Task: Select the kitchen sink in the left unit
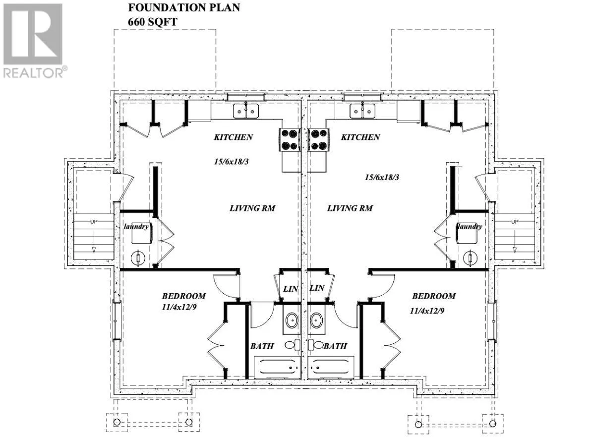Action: tap(246, 112)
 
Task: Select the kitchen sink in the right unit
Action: tap(362, 111)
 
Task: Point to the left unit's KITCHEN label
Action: tap(234, 137)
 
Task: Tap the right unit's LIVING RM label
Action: tap(350, 208)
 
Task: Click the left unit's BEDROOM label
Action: tap(184, 296)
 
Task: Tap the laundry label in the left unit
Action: tap(136, 226)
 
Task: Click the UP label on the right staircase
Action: tap(515, 222)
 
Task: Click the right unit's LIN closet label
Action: tap(317, 288)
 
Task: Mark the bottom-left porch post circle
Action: tap(117, 422)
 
